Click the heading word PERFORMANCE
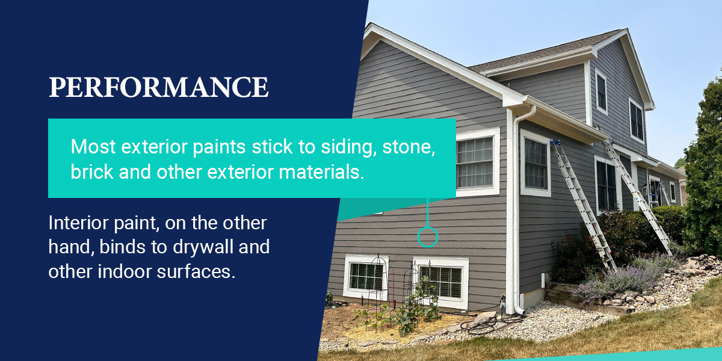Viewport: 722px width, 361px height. click(159, 87)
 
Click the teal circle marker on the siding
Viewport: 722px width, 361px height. click(428, 237)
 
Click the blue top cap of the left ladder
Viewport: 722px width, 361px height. click(555, 143)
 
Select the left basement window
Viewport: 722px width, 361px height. click(366, 277)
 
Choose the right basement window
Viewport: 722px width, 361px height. click(441, 282)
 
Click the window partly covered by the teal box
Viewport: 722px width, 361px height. click(478, 162)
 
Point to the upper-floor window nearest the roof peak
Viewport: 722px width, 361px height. click(602, 92)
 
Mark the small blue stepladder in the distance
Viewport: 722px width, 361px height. click(655, 194)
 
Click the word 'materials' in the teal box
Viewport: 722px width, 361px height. click(321, 172)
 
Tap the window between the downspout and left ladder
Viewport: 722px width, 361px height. click(535, 163)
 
